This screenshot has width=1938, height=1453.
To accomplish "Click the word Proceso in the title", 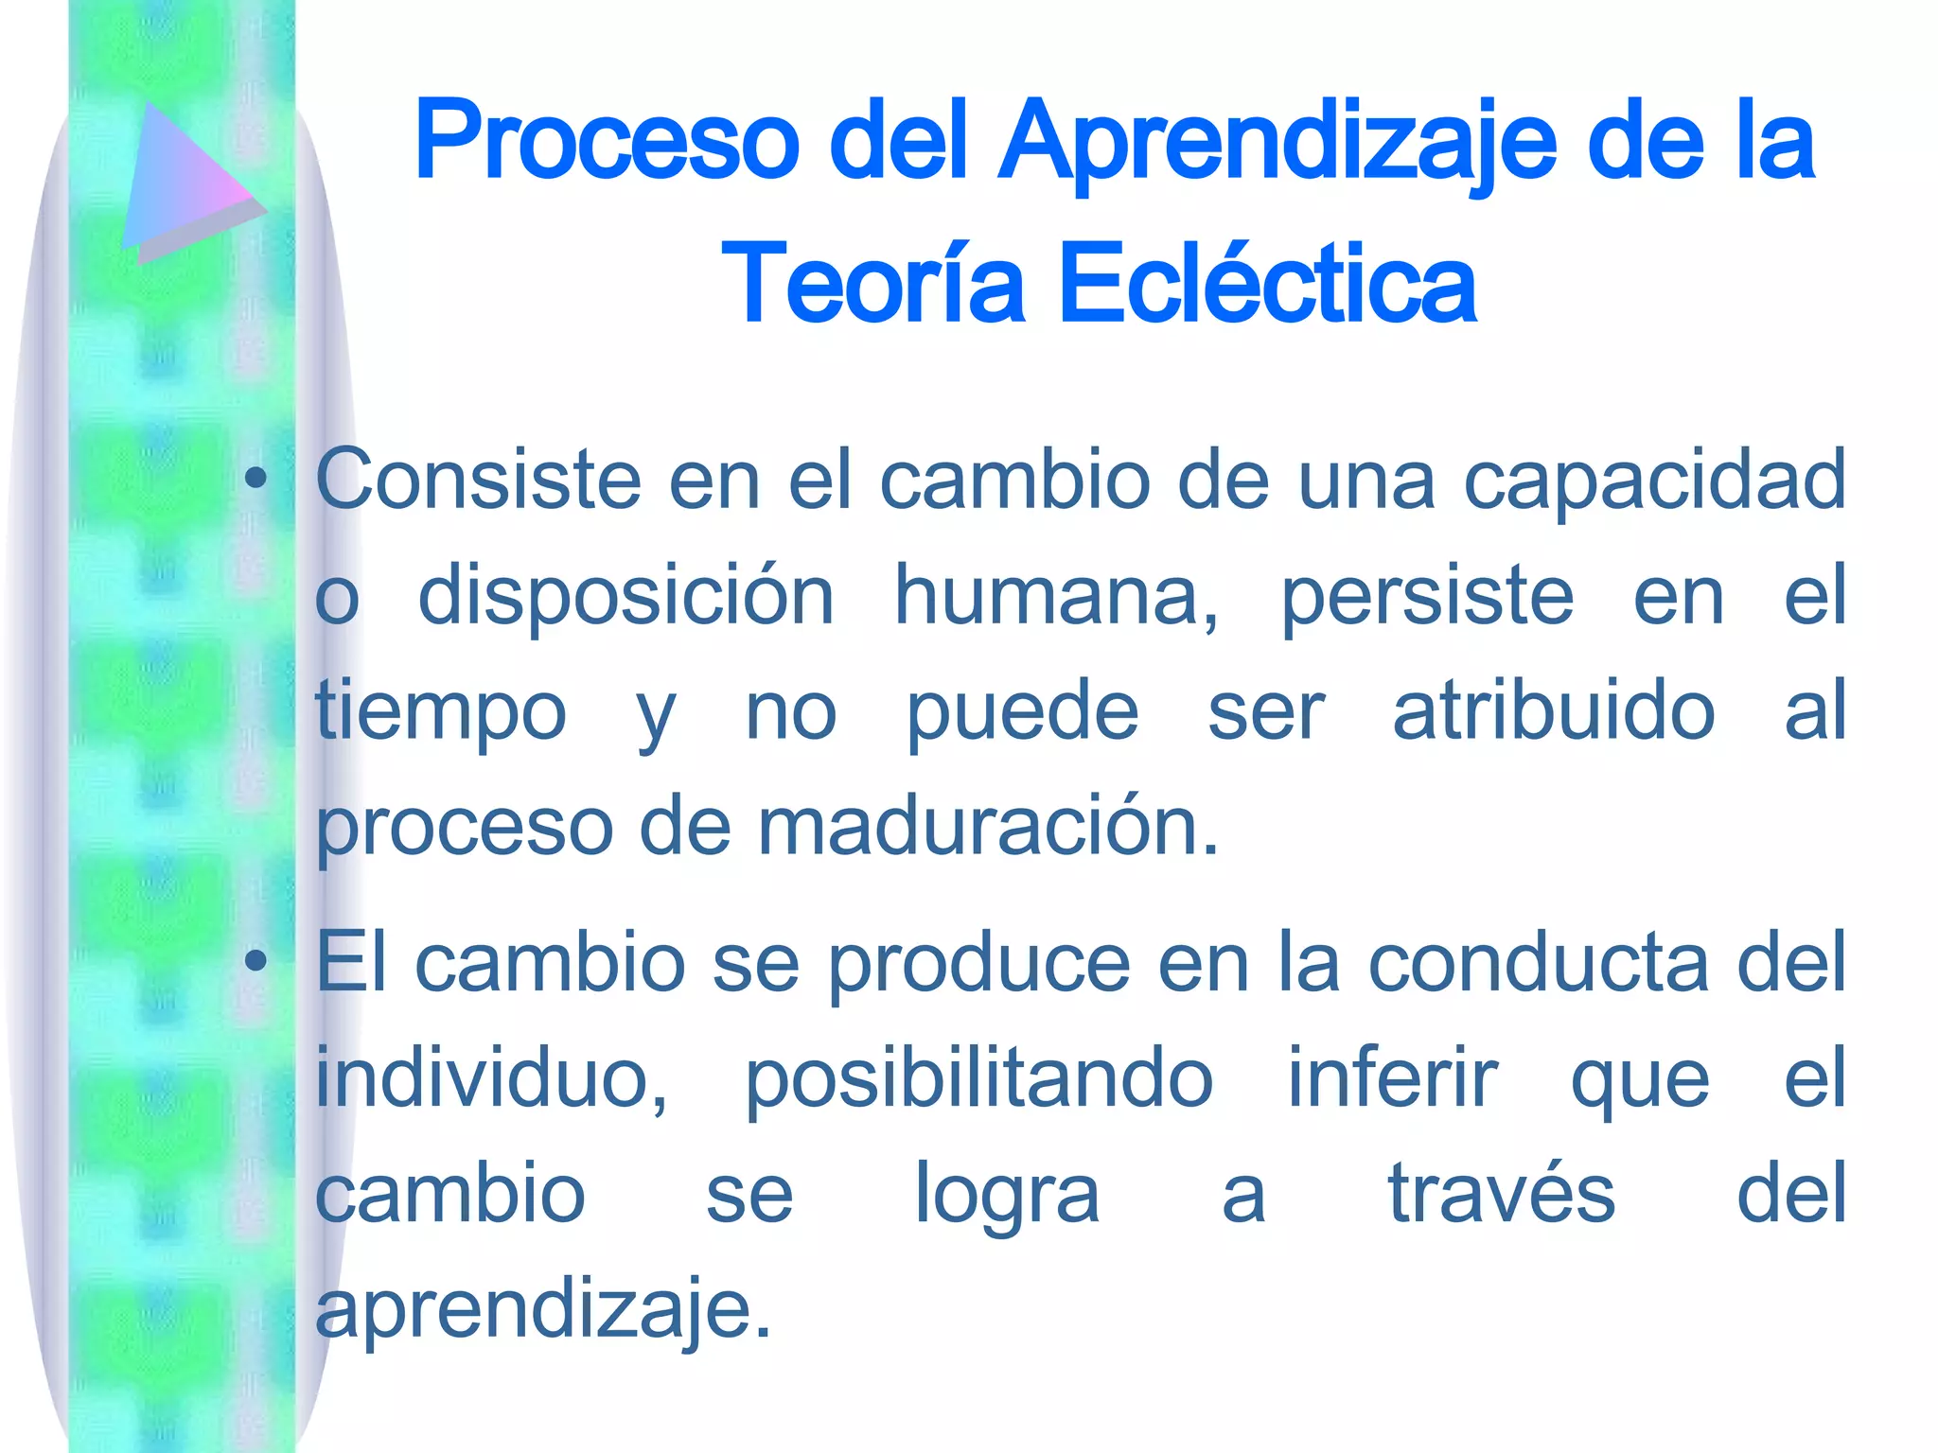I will [x=607, y=142].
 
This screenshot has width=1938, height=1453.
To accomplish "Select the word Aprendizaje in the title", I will [x=1277, y=144].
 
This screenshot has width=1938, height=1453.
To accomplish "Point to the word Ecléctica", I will [x=1267, y=283].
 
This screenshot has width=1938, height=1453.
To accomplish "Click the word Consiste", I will [x=478, y=480].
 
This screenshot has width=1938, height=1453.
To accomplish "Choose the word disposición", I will [x=625, y=596].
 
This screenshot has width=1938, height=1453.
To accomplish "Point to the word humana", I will [x=1056, y=596].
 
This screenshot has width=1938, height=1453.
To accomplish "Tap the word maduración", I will [x=988, y=827].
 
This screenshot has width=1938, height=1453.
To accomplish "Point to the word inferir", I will [x=1392, y=1078].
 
